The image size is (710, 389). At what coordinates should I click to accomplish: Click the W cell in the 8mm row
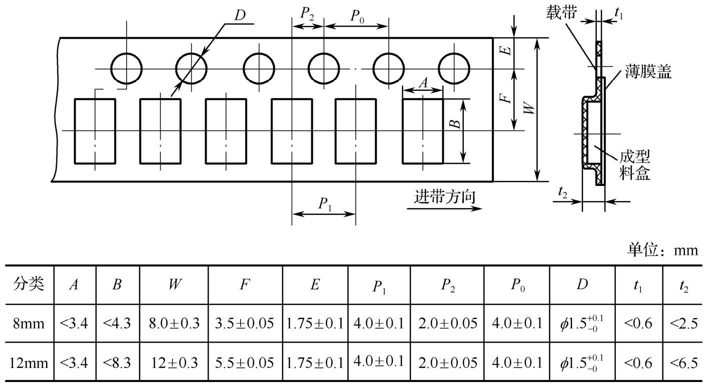pos(174,323)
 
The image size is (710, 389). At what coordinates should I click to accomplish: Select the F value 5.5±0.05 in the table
pos(244,363)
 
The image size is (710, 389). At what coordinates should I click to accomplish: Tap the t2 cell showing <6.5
pos(683,363)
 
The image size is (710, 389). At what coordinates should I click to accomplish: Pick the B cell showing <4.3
pos(117,323)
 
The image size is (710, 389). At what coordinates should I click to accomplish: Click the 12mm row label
pos(29,363)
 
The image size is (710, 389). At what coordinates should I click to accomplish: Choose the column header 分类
pos(29,283)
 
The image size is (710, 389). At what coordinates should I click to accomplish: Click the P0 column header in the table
pos(517,285)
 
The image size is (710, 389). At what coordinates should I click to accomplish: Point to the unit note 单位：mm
pos(662,250)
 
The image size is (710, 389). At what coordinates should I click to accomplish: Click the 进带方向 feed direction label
pos(445,196)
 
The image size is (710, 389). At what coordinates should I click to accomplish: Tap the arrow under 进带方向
pos(444,209)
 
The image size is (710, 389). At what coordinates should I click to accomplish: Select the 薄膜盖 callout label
pos(648,71)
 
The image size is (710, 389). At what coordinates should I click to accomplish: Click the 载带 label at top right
pos(561,12)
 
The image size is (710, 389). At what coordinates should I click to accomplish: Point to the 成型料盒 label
pos(635,165)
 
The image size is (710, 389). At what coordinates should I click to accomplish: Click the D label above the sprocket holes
pos(240,15)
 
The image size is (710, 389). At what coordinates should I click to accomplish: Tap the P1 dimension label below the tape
pos(325,204)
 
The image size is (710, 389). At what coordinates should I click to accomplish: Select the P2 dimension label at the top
pos(307,13)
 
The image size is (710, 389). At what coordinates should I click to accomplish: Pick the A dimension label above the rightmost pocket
pos(423,83)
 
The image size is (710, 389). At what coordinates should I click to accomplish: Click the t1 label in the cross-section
pos(619,13)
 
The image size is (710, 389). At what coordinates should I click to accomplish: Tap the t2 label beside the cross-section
pos(563,192)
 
